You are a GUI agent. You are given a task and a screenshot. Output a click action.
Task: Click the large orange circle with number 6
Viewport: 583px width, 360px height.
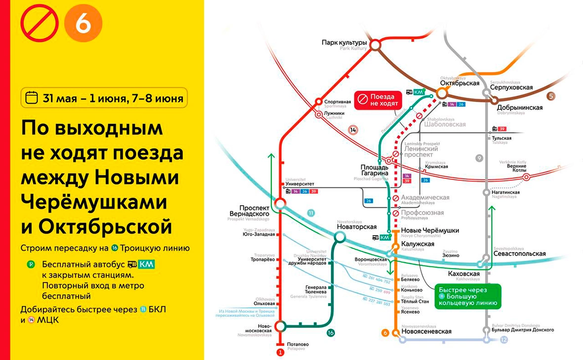coord(83,25)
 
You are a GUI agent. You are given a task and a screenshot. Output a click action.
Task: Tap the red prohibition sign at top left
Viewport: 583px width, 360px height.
coord(40,25)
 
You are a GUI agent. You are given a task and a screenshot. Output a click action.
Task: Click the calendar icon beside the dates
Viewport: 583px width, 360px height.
coord(32,97)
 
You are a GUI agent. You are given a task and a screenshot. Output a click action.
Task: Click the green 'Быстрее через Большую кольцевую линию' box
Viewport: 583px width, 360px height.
coord(468,296)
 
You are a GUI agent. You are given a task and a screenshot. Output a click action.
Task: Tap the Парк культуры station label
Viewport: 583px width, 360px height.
coord(344,43)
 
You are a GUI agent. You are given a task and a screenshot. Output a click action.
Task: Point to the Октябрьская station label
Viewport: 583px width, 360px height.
coord(459,83)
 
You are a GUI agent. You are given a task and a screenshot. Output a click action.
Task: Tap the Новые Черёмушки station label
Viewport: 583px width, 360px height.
coord(430,231)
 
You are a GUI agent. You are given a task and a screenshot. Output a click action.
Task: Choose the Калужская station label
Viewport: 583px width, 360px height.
coord(417,244)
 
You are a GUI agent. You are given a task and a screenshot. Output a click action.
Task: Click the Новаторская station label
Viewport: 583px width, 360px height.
coord(356,227)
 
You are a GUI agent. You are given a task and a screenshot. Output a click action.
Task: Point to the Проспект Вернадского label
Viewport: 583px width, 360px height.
coord(249,211)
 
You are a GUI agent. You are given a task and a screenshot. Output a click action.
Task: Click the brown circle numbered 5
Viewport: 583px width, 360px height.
coord(551,96)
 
